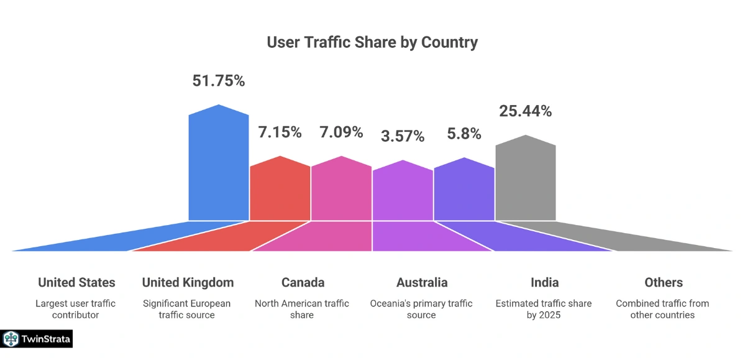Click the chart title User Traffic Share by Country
click(x=372, y=42)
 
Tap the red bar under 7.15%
click(x=280, y=190)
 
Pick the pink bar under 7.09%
click(x=341, y=190)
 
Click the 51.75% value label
click(x=218, y=81)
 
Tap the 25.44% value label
click(x=525, y=111)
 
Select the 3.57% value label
click(x=403, y=136)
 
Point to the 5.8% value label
click(x=464, y=133)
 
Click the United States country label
click(x=76, y=282)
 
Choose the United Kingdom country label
click(x=188, y=282)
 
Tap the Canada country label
click(x=303, y=282)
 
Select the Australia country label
click(x=422, y=282)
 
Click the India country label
click(x=544, y=282)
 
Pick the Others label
click(x=663, y=282)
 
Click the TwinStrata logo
click(x=37, y=339)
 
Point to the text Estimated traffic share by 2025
click(x=544, y=309)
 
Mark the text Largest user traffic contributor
click(x=76, y=309)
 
